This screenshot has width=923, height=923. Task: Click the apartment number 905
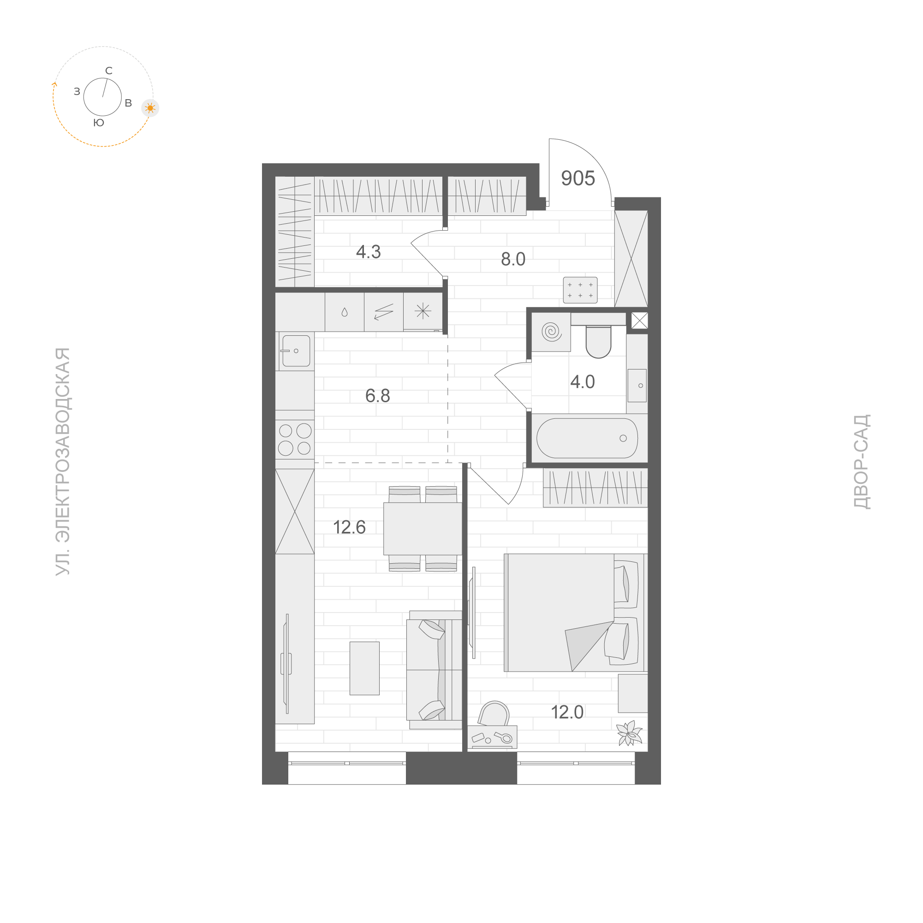click(x=578, y=179)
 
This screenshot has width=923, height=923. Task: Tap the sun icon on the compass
click(x=150, y=108)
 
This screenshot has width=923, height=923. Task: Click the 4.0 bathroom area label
click(x=583, y=382)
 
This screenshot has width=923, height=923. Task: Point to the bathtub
click(x=587, y=438)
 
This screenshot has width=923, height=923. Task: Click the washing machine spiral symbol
click(x=551, y=331)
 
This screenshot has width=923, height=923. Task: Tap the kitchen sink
click(x=296, y=351)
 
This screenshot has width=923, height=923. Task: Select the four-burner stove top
click(x=295, y=440)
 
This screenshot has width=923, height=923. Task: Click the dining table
click(x=423, y=529)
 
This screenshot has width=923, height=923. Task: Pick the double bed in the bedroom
click(x=573, y=613)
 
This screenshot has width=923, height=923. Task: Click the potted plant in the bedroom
click(x=629, y=732)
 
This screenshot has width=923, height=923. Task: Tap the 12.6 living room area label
click(x=349, y=527)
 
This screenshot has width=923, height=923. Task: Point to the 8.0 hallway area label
click(x=512, y=259)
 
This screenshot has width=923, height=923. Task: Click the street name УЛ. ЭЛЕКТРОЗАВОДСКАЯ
click(x=63, y=461)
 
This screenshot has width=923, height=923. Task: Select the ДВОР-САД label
click(x=862, y=461)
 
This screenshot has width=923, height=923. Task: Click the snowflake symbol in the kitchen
click(x=423, y=311)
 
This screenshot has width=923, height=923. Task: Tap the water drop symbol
click(x=345, y=312)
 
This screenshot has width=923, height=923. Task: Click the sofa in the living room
click(x=434, y=670)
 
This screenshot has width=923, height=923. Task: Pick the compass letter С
click(x=109, y=71)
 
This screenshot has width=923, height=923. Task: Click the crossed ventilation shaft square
click(x=639, y=321)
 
